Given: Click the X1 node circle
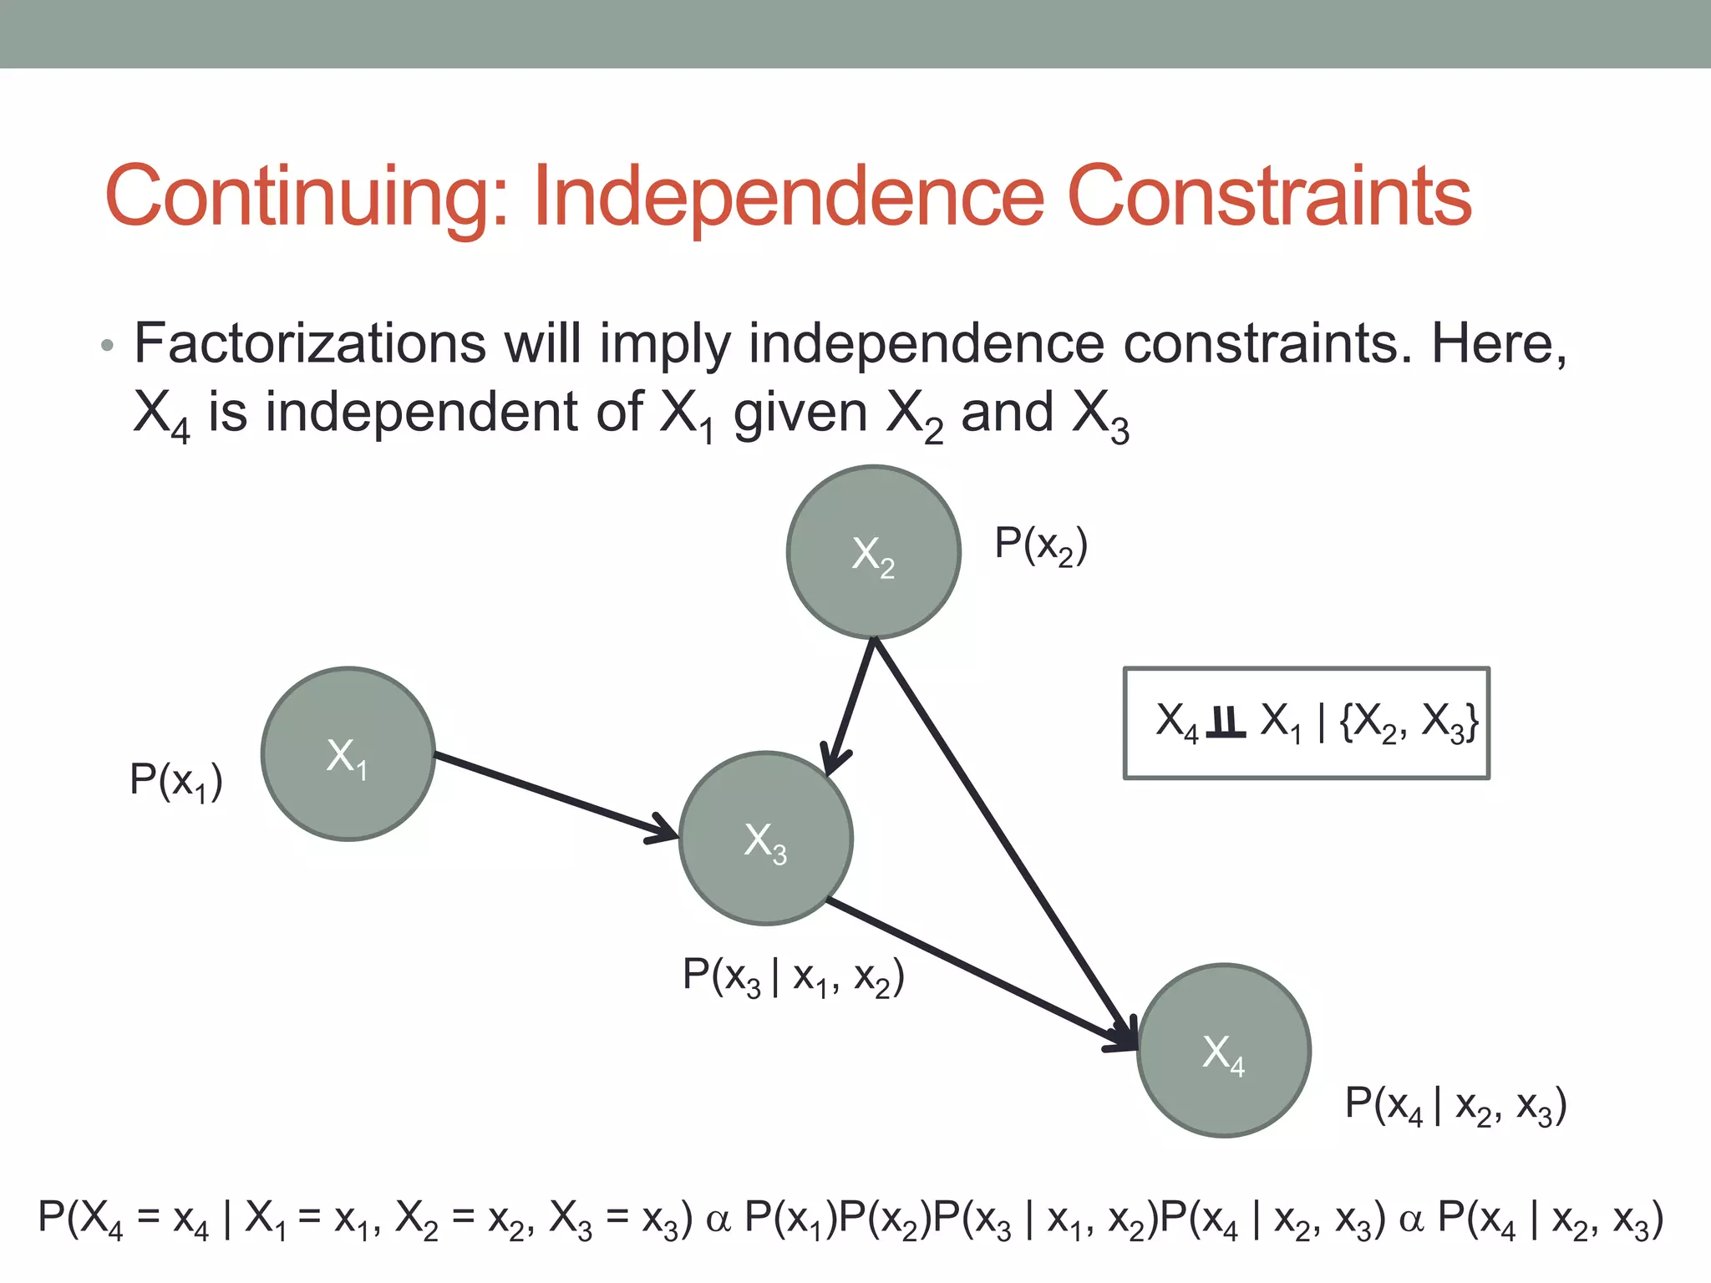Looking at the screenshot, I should point(348,753).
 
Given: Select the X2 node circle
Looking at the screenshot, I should point(874,552).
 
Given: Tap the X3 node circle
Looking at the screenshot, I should point(766,839).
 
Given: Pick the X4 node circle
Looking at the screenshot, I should point(1224,1051).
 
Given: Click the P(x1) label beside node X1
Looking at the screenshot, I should point(176,781).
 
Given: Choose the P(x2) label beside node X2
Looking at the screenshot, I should point(1041,545).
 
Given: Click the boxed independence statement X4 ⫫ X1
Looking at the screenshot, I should point(1307,723).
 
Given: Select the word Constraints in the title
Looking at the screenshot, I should point(1269,195).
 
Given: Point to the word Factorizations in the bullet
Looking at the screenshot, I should point(310,343).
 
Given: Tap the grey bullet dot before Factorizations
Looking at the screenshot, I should point(106,345).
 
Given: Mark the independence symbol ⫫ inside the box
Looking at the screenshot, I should point(1226,722).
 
